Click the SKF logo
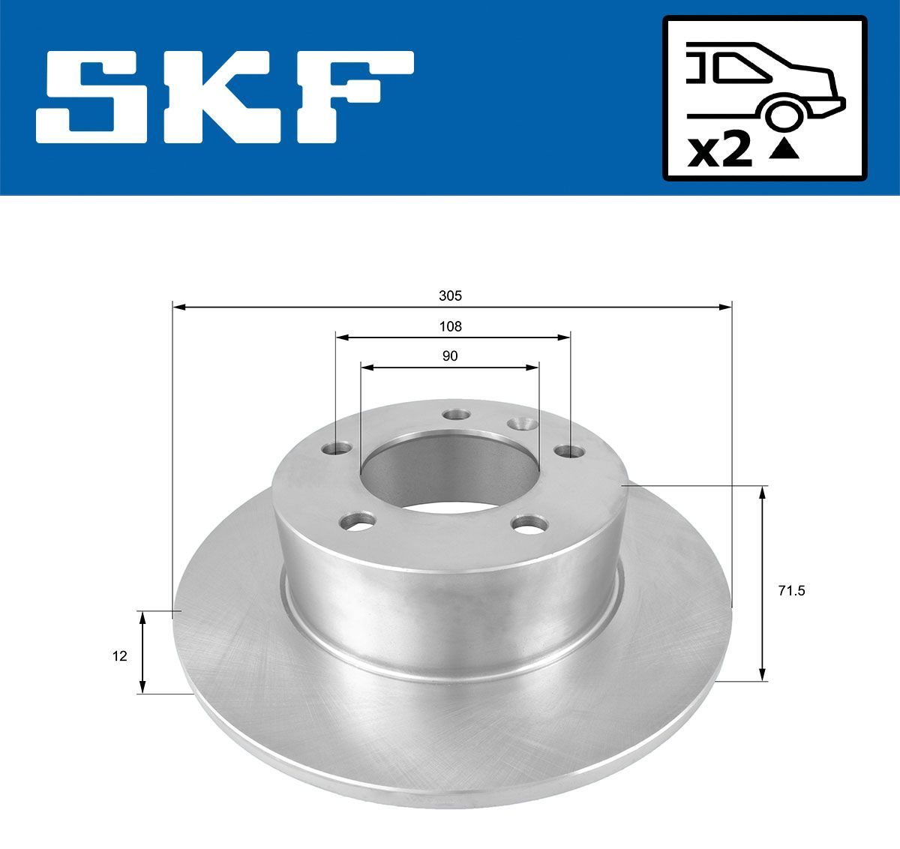pos(225,97)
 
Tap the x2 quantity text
pos(720,152)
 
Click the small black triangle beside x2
pos(784,149)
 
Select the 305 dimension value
pos(450,295)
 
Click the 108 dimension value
pos(450,326)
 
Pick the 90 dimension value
pos(450,356)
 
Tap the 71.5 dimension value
pos(791,591)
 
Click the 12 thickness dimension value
pos(119,655)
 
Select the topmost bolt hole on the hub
pos(455,414)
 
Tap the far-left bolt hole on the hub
pos(337,449)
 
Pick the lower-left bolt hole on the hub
pos(358,520)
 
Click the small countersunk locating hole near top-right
pos(520,424)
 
